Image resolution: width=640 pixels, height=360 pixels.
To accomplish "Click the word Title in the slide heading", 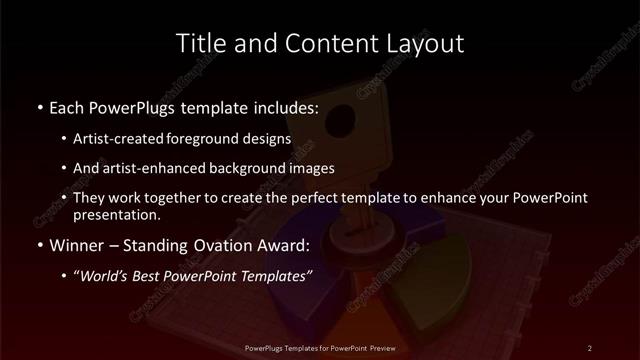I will (x=198, y=44).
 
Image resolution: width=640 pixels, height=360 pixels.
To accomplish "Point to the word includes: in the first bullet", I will (x=283, y=105).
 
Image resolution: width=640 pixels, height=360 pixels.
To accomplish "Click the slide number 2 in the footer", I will (x=590, y=347).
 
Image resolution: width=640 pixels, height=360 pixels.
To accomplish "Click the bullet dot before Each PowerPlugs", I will (x=38, y=106).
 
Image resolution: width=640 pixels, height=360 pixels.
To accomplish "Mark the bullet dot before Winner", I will (x=38, y=244).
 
